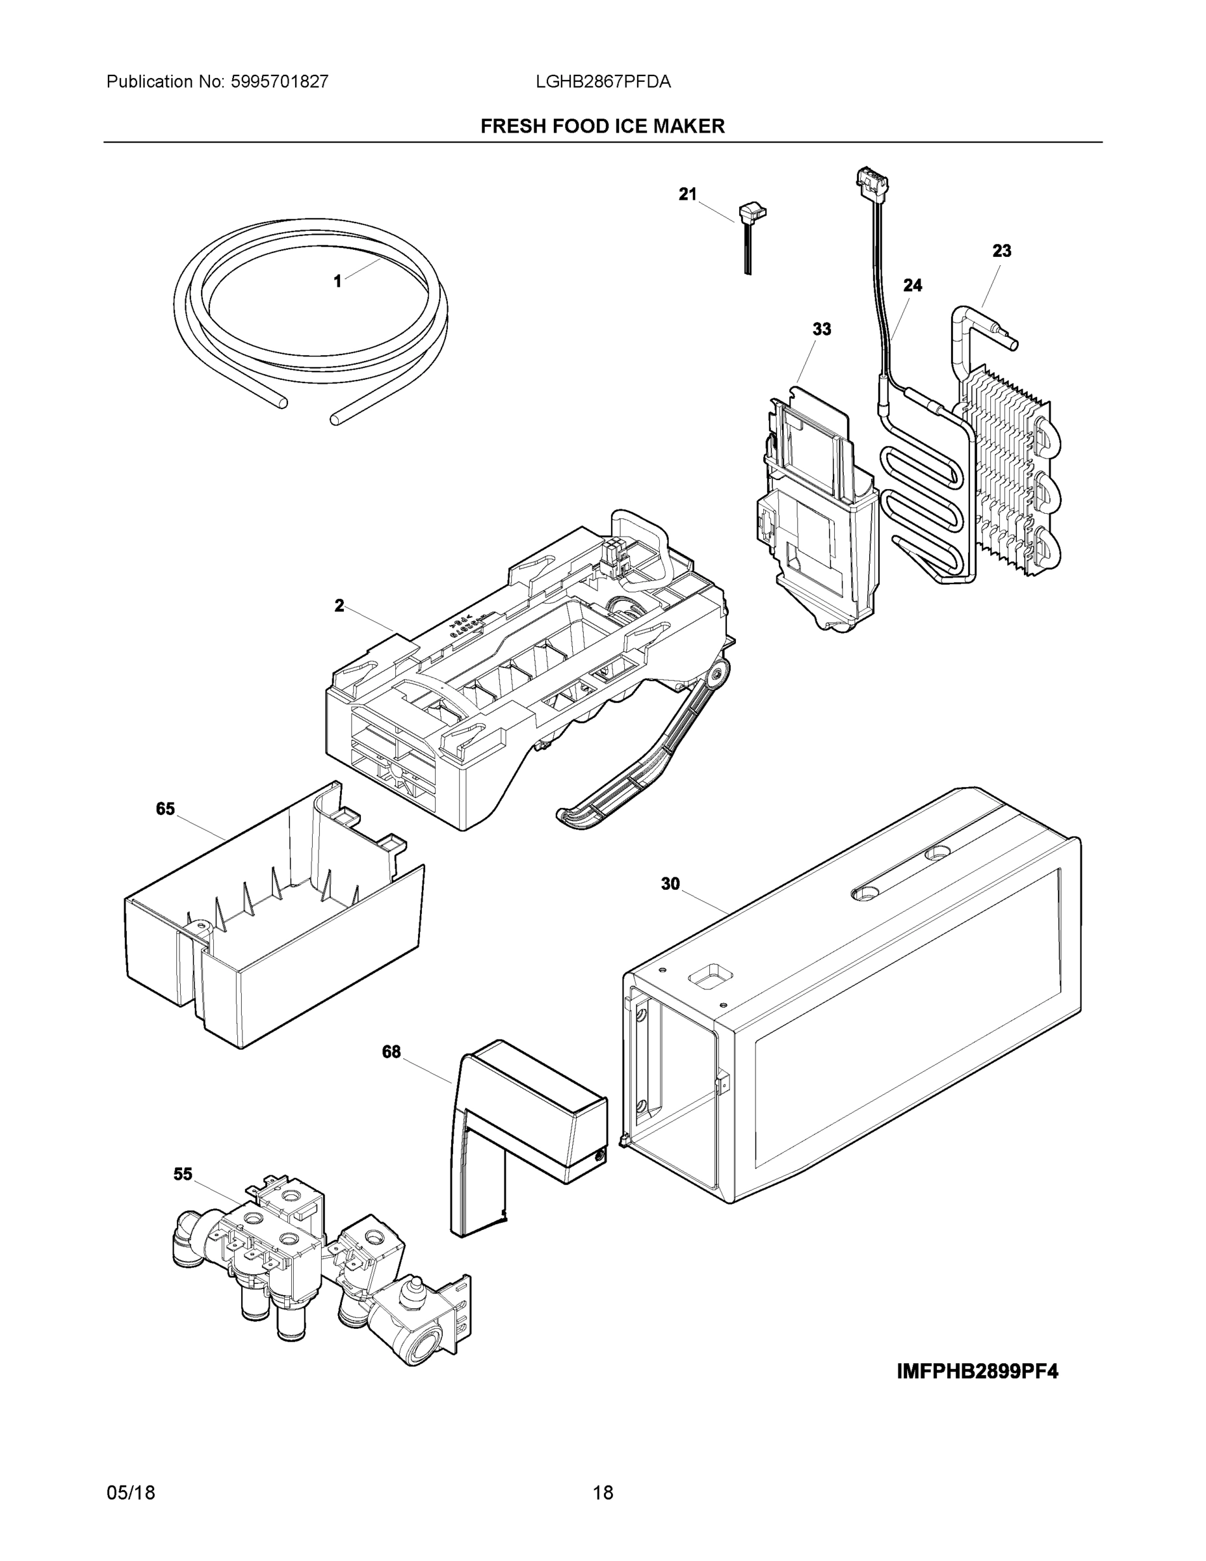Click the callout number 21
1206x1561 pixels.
point(687,194)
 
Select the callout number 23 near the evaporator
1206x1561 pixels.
point(1002,251)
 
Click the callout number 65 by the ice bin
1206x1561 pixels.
point(165,808)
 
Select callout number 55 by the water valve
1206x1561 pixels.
point(183,1174)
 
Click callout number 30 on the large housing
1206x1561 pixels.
point(670,884)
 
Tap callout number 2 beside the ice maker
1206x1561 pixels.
point(339,606)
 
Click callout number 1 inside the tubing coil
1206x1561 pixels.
point(337,282)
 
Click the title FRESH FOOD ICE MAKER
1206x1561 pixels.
point(602,127)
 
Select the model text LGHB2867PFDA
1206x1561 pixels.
point(603,82)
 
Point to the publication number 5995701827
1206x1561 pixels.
point(280,82)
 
